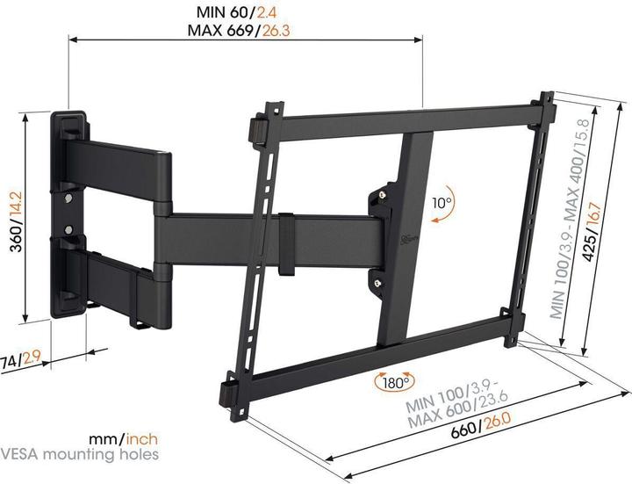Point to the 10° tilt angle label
click(x=442, y=203)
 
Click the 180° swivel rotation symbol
click(x=392, y=381)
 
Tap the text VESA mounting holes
click(x=80, y=454)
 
